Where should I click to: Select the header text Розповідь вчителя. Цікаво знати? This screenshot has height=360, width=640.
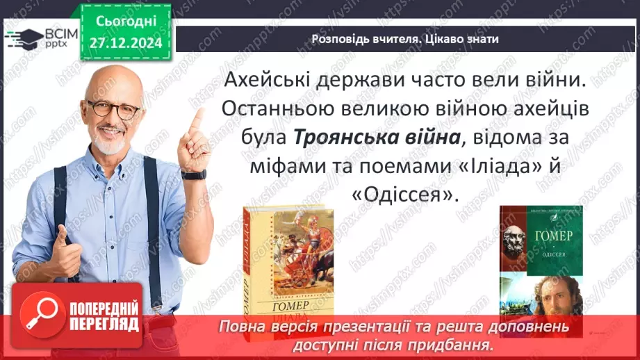(x=405, y=39)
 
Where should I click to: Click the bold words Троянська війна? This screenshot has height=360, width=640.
(x=378, y=137)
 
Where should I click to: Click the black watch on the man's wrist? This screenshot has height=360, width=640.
(x=194, y=174)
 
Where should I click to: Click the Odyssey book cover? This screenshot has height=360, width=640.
(x=540, y=261)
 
